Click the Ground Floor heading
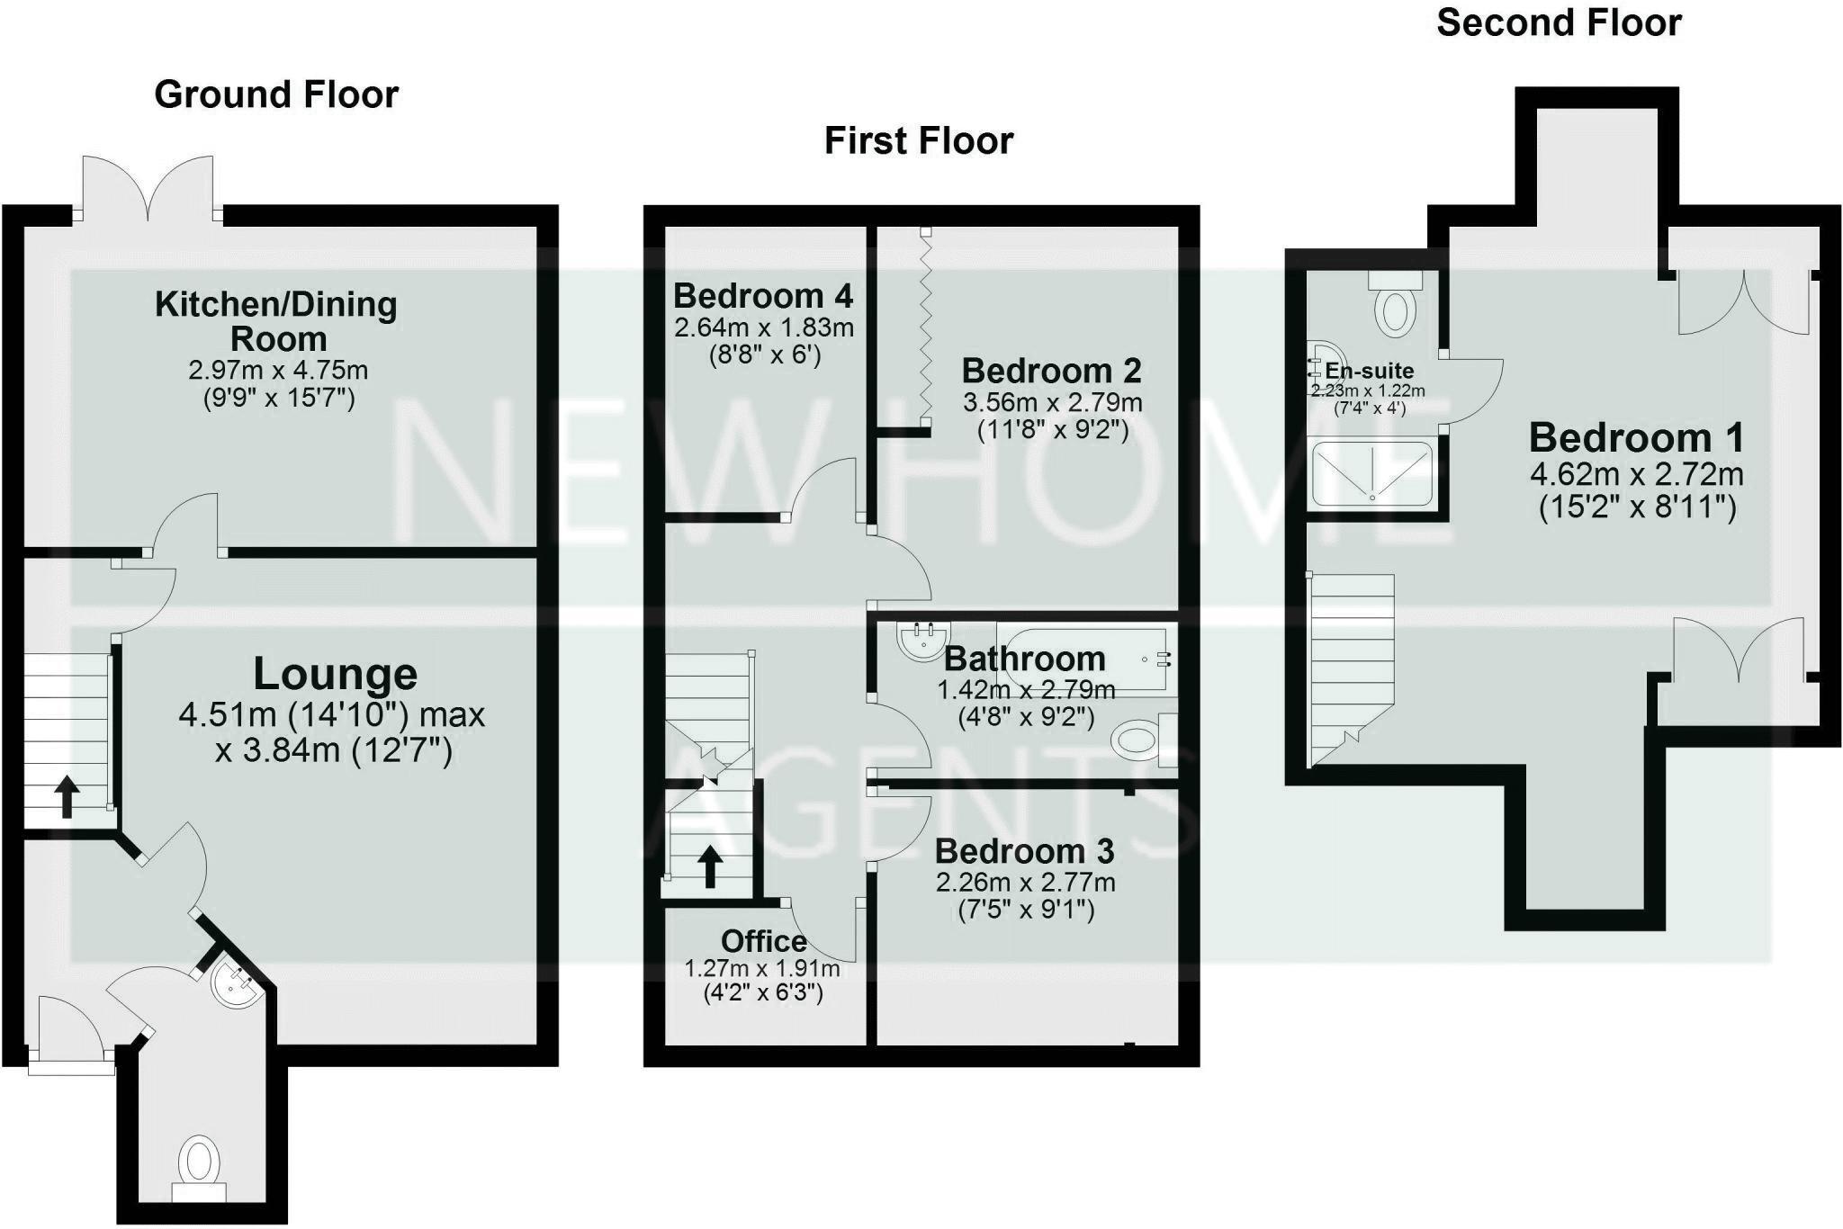[276, 94]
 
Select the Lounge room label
[335, 674]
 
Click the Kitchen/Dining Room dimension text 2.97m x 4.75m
[278, 370]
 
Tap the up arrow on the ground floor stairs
[67, 797]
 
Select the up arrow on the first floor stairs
[710, 866]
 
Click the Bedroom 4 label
[763, 296]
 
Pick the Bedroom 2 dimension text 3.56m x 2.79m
[1052, 402]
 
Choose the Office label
[763, 941]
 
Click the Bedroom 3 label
[1024, 851]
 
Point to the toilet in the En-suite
[1395, 306]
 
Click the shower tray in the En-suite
[1371, 473]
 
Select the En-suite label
[1369, 371]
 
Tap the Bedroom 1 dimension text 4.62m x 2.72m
[1636, 474]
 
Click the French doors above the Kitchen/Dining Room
[148, 189]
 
